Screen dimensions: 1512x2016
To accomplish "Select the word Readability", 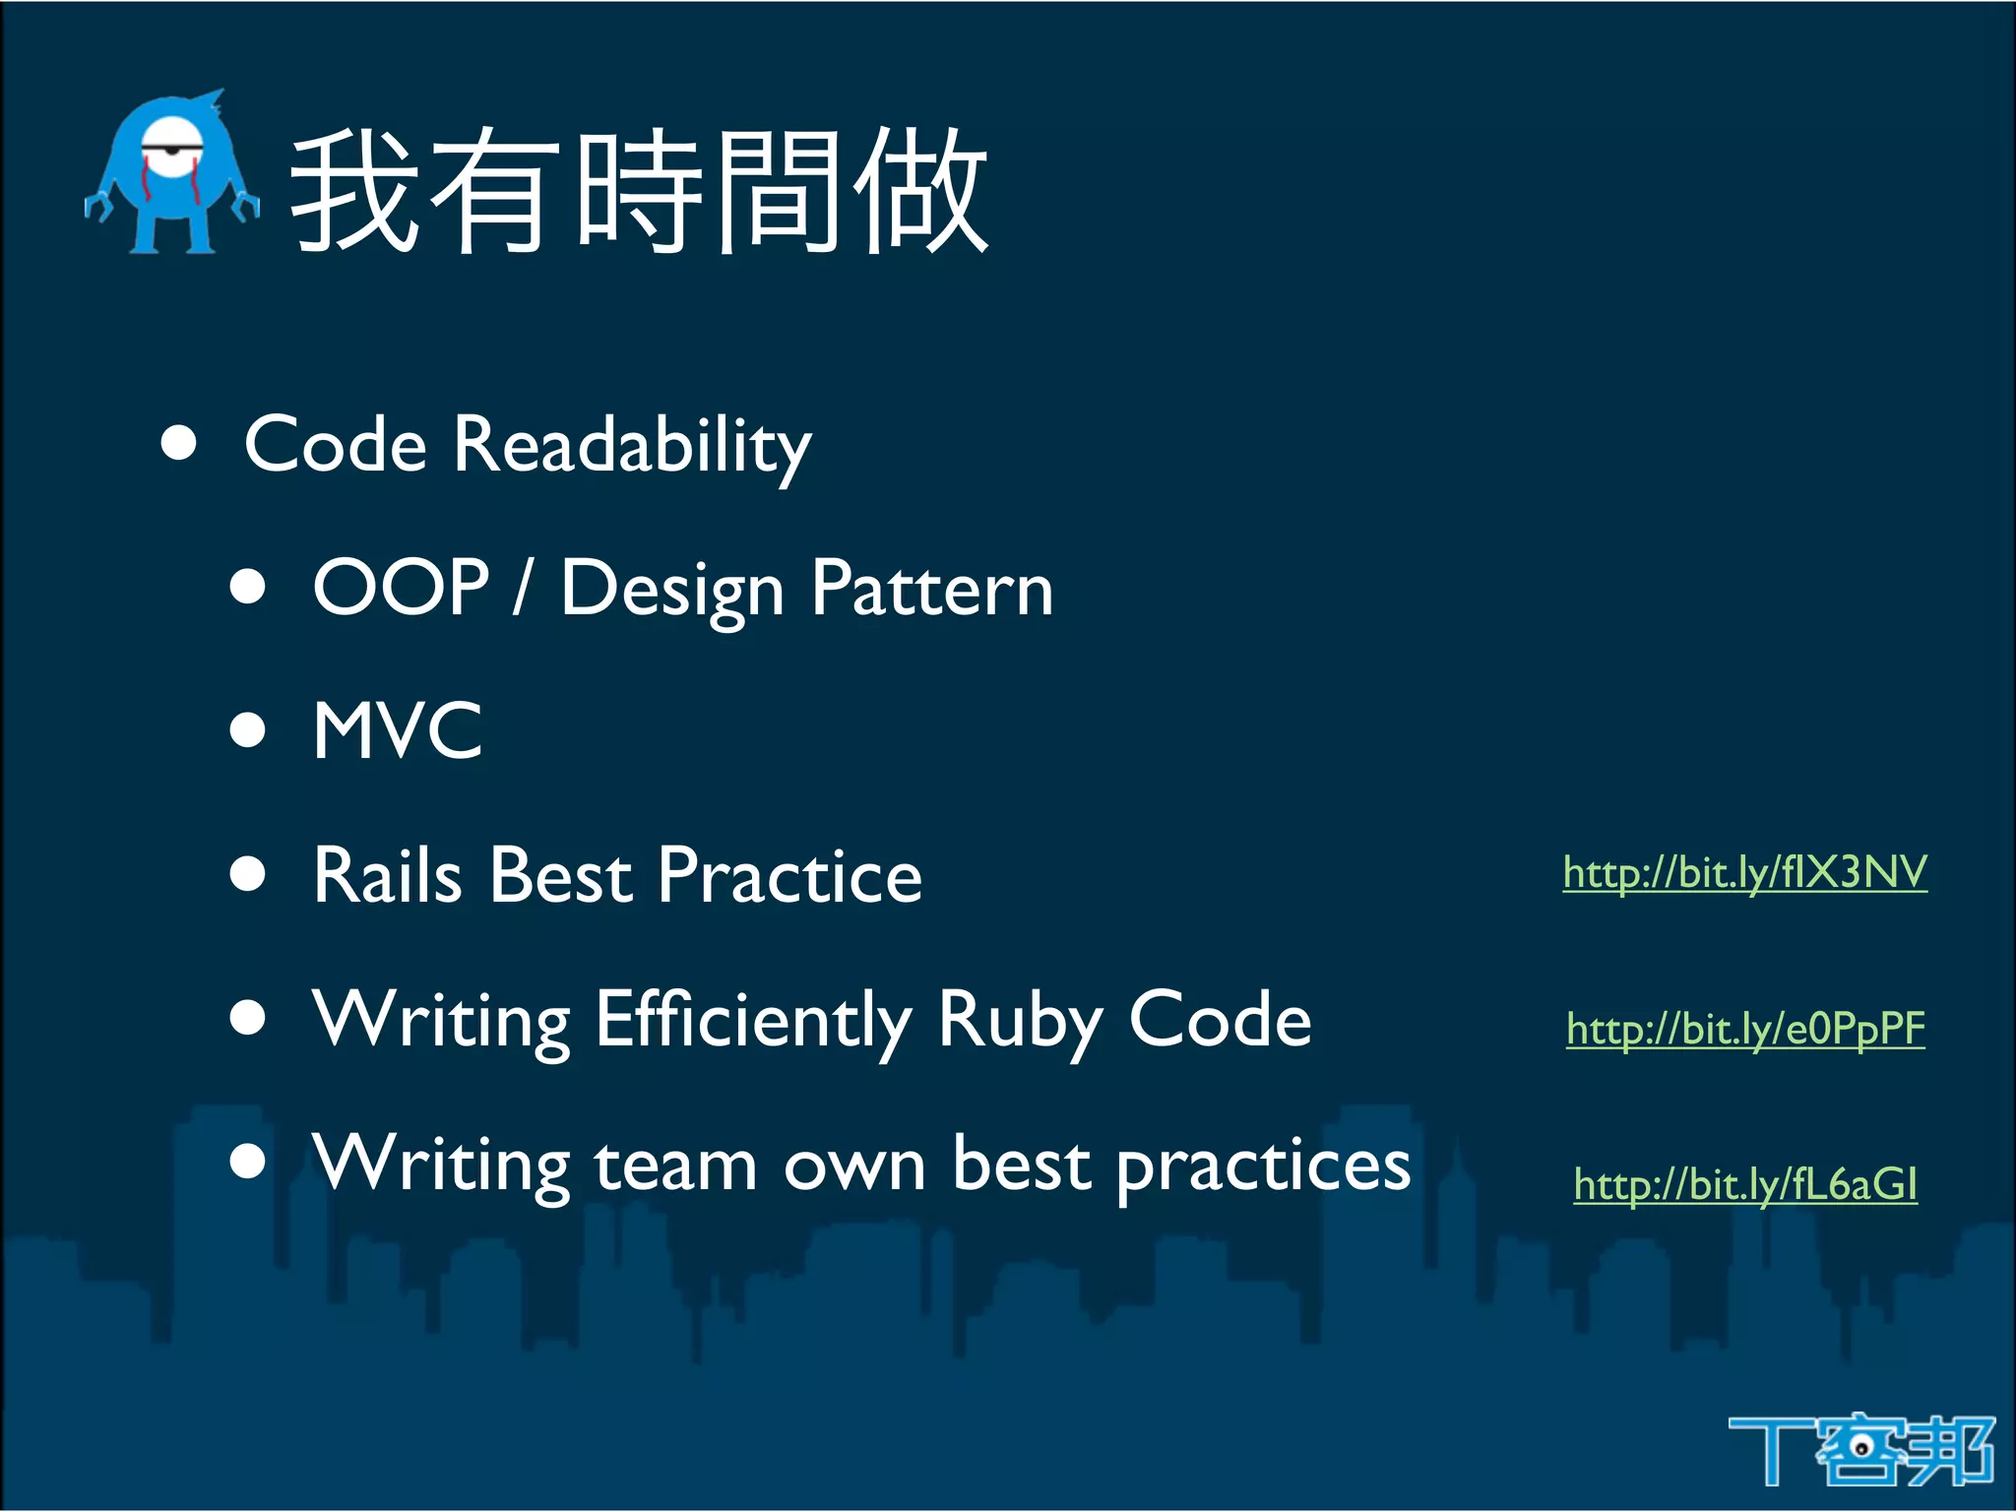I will (632, 446).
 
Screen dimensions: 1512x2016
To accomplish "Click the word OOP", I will (401, 587).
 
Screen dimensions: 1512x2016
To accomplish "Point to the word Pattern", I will (931, 589).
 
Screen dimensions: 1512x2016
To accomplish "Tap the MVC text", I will (398, 730).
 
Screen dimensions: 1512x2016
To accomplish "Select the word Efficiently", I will (753, 1020).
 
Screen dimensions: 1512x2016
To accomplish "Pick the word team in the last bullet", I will (675, 1165).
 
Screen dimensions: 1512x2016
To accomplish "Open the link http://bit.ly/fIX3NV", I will (1744, 872).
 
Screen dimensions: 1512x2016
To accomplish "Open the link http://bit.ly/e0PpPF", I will (1745, 1029).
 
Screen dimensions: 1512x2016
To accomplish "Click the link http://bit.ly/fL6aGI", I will (1745, 1184).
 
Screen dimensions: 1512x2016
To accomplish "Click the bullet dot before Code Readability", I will (179, 443).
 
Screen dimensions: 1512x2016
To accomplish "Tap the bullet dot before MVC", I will (248, 730).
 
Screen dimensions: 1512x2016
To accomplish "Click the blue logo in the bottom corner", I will (1860, 1449).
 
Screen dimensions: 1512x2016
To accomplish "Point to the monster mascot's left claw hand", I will (97, 207).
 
